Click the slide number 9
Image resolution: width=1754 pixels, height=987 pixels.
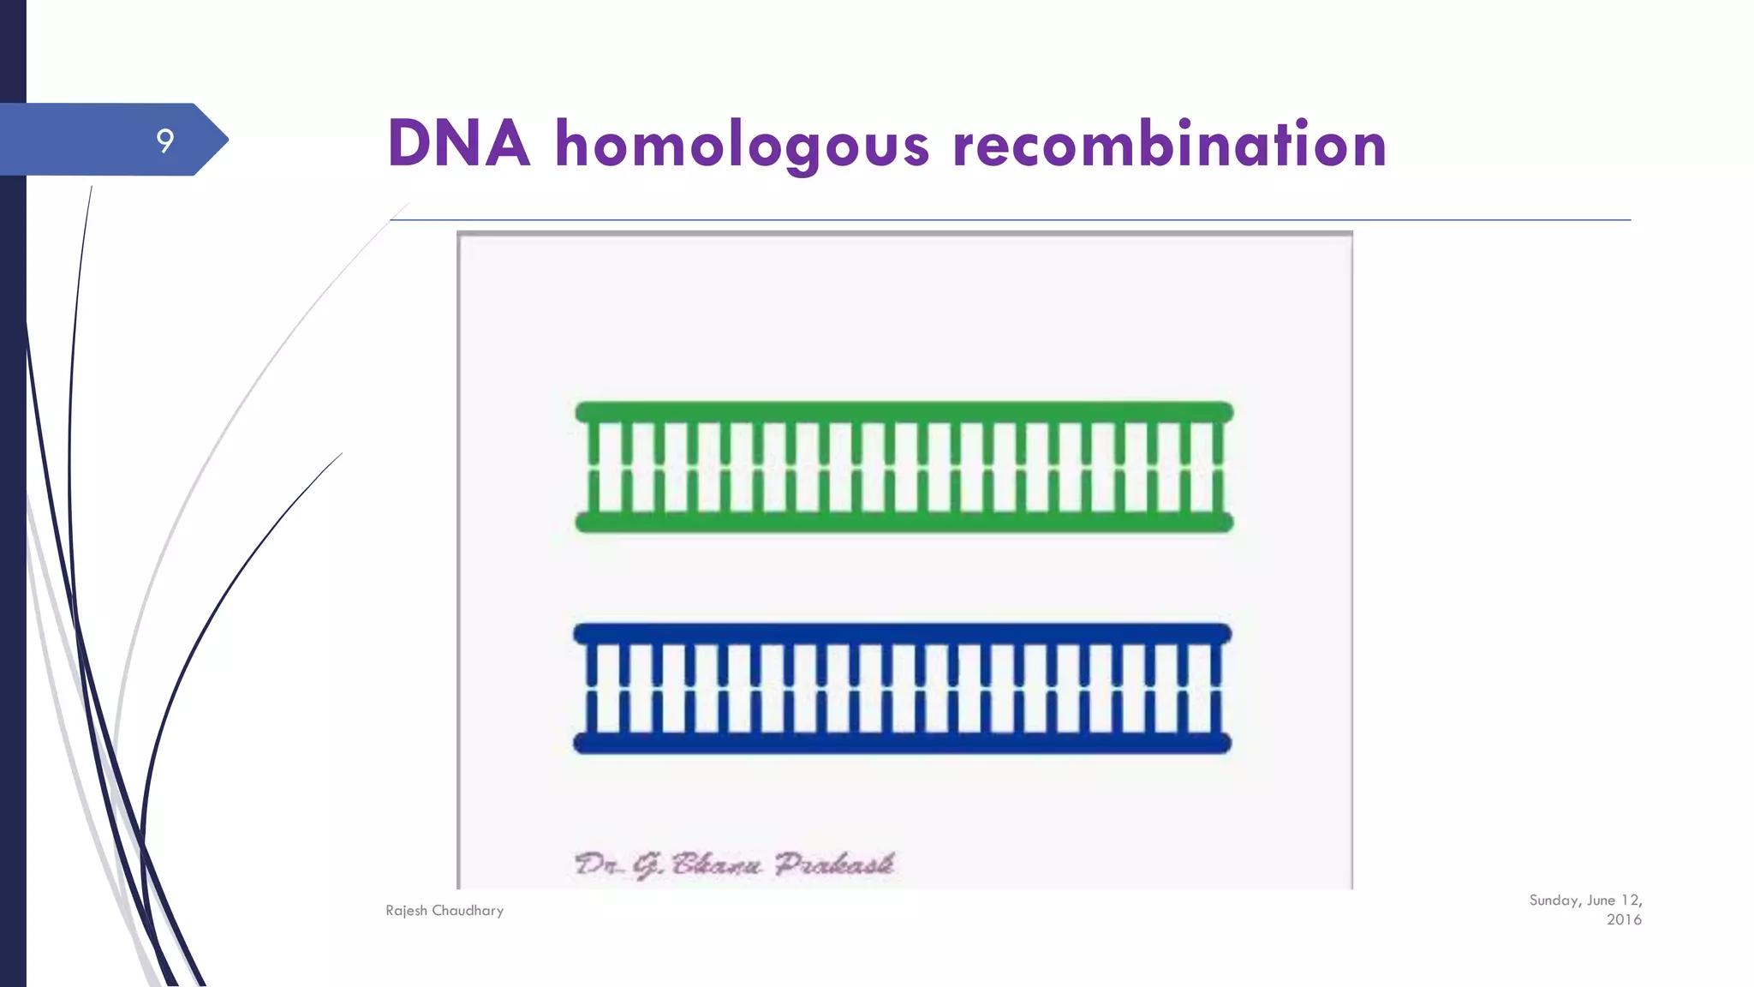(x=165, y=140)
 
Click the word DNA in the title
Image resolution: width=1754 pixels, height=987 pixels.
(x=458, y=143)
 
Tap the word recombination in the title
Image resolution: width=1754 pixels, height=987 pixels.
(x=1169, y=144)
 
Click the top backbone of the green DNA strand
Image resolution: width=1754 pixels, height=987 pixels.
(x=904, y=412)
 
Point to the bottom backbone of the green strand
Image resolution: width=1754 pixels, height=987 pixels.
(x=904, y=522)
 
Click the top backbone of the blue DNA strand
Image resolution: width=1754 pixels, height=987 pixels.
(x=902, y=634)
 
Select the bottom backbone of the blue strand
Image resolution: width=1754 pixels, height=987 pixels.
(x=902, y=743)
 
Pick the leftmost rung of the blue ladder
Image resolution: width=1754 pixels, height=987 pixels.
(x=590, y=688)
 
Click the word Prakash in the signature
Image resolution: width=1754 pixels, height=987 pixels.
(x=834, y=864)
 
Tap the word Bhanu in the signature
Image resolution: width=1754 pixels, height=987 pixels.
(x=716, y=864)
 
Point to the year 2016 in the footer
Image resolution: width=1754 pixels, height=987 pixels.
(x=1624, y=920)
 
